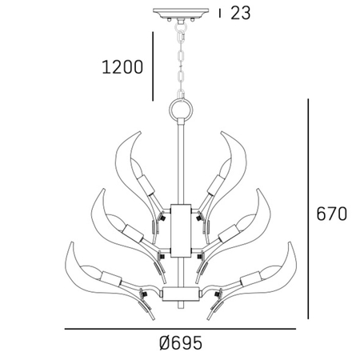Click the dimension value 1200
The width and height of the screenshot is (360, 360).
(122, 67)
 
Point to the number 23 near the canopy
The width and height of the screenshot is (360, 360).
(240, 13)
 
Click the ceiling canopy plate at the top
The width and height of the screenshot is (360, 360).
(180, 13)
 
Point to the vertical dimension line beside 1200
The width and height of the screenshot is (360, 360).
(152, 67)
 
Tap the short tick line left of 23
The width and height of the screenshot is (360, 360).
(220, 13)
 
